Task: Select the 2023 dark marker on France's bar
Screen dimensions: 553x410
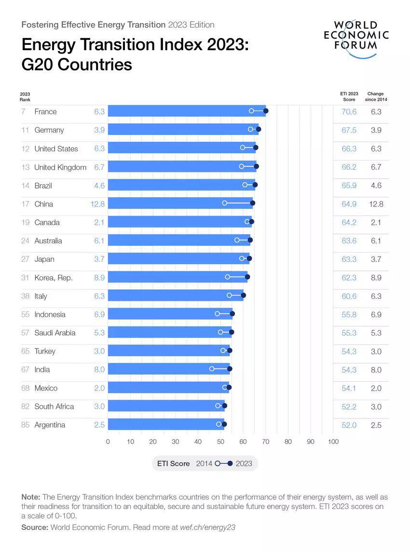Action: (266, 111)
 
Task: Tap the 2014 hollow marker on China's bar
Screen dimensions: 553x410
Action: (225, 203)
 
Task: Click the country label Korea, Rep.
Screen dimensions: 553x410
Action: (53, 278)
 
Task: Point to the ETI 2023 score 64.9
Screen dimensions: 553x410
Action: (349, 204)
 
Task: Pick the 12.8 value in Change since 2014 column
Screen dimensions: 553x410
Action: (376, 204)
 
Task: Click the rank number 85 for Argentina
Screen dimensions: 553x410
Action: (26, 425)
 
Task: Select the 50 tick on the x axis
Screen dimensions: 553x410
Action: (220, 442)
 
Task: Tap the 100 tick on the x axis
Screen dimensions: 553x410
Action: (333, 442)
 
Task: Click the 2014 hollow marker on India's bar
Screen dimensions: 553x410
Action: (212, 369)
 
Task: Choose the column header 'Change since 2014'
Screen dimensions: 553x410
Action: (376, 96)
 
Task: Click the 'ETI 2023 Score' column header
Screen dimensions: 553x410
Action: (349, 96)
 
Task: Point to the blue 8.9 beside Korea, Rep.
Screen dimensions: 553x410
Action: (99, 278)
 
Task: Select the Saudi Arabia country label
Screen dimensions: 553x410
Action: (55, 333)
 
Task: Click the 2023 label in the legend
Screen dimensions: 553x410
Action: (244, 463)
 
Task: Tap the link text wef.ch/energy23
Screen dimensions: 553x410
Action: (207, 527)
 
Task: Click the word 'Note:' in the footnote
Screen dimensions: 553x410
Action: (31, 497)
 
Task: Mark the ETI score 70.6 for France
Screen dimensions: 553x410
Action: (349, 112)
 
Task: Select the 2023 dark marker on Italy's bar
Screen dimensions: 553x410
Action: (243, 295)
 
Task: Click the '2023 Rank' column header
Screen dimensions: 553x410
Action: (25, 96)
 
